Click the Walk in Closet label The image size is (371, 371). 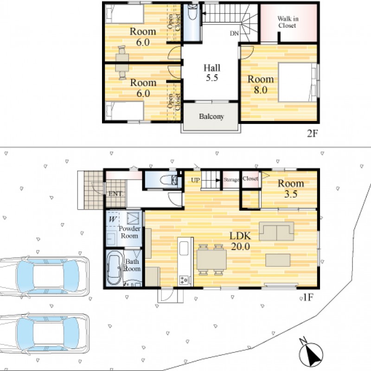pyautogui.click(x=288, y=22)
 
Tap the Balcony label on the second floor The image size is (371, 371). pyautogui.click(x=211, y=116)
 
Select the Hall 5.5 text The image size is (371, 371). pyautogui.click(x=212, y=73)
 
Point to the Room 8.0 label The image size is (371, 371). pyautogui.click(x=261, y=84)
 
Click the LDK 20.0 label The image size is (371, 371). pyautogui.click(x=240, y=241)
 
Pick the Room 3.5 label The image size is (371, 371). pyautogui.click(x=291, y=189)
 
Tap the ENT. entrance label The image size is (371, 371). pyautogui.click(x=115, y=194)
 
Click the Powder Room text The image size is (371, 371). pyautogui.click(x=129, y=232)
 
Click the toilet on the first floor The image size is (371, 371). pyautogui.click(x=168, y=180)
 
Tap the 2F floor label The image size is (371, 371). pyautogui.click(x=312, y=134)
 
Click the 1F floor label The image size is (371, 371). pyautogui.click(x=308, y=297)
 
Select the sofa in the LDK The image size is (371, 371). pyautogui.click(x=276, y=231)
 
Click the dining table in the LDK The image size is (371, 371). pyautogui.click(x=211, y=260)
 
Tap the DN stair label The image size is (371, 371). pyautogui.click(x=235, y=33)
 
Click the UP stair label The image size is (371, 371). pyautogui.click(x=195, y=180)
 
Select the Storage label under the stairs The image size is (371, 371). pyautogui.click(x=231, y=180)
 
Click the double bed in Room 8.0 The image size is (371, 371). pyautogui.click(x=297, y=83)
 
